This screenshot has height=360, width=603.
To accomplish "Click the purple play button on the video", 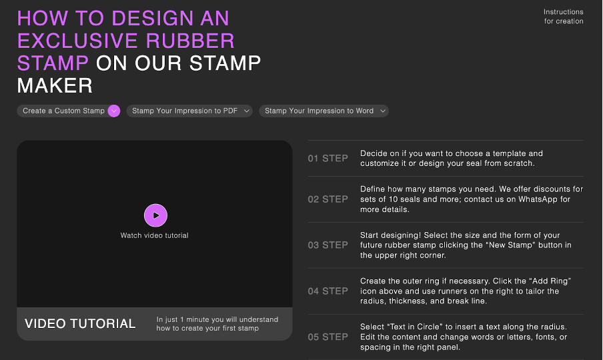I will click(155, 215).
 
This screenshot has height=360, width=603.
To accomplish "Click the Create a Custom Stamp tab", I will click(63, 111).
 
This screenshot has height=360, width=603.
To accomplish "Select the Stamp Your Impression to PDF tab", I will click(185, 111).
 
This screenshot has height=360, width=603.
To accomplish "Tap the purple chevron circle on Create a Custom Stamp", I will click(114, 111).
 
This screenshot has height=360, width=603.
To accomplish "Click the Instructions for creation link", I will click(563, 17).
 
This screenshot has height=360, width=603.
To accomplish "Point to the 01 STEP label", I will click(328, 159).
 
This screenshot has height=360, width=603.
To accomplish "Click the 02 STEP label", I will click(328, 199).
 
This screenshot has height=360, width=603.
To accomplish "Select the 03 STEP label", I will click(328, 245).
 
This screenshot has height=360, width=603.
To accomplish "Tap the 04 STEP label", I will click(328, 291).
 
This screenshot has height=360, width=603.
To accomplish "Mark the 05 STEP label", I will click(328, 337).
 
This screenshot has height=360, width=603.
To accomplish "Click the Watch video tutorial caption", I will click(154, 235).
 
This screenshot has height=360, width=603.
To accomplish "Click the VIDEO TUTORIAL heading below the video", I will click(80, 324).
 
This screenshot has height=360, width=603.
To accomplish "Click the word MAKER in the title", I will click(55, 85).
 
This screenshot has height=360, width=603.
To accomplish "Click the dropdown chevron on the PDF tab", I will click(247, 111).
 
